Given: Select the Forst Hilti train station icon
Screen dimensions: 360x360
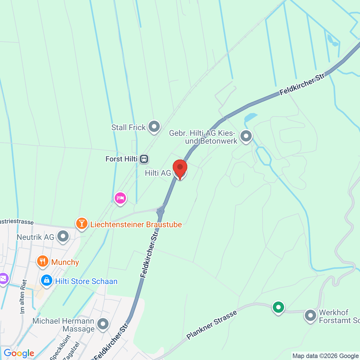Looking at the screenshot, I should pyautogui.click(x=144, y=159).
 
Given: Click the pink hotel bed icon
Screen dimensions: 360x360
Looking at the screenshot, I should pyautogui.click(x=120, y=198).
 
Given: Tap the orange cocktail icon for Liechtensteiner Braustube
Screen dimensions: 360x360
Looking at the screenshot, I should pyautogui.click(x=82, y=223).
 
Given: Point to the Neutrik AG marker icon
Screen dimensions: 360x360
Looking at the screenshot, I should pyautogui.click(x=63, y=236).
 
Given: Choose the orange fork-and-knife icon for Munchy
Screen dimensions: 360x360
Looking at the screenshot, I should pyautogui.click(x=43, y=262).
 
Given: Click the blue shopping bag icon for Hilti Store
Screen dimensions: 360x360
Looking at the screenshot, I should pyautogui.click(x=46, y=281).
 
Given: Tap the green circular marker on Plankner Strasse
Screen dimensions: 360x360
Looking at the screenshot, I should pyautogui.click(x=278, y=307).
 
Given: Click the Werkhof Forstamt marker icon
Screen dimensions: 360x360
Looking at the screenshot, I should pyautogui.click(x=310, y=316).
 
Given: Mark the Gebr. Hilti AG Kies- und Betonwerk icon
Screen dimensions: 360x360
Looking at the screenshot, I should pyautogui.click(x=246, y=136).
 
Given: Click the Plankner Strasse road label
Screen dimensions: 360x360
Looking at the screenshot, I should pyautogui.click(x=211, y=325).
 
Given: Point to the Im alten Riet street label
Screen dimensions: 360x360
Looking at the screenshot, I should pyautogui.click(x=23, y=296).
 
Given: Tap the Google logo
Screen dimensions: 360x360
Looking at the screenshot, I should pyautogui.click(x=19, y=353).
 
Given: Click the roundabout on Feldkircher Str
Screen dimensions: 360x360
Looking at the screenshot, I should pyautogui.click(x=160, y=211).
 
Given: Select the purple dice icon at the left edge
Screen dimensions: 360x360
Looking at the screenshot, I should pyautogui.click(x=3, y=279).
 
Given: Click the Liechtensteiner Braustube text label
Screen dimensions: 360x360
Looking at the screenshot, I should pyautogui.click(x=136, y=224).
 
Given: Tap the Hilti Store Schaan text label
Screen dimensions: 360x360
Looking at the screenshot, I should pyautogui.click(x=86, y=281).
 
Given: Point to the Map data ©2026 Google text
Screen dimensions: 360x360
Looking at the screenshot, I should pyautogui.click(x=325, y=356).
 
